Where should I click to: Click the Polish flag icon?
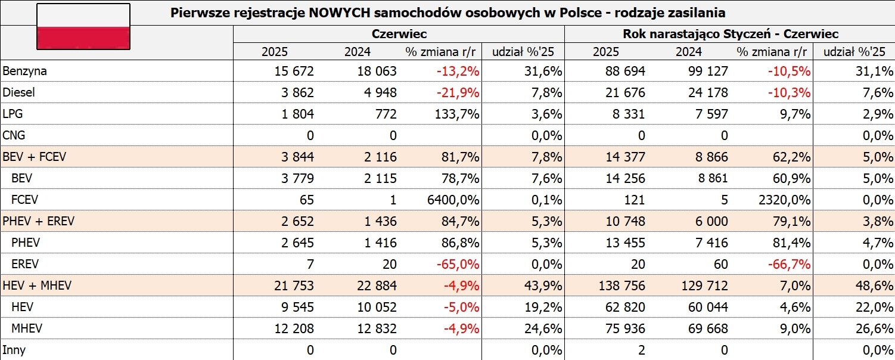click(x=83, y=27)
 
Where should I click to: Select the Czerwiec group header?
click(x=399, y=34)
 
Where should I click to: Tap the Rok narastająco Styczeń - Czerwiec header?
click(x=731, y=34)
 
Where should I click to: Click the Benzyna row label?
click(x=24, y=71)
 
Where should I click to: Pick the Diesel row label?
click(x=19, y=92)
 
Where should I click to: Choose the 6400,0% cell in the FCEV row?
click(x=455, y=200)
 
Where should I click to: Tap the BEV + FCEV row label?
click(x=36, y=157)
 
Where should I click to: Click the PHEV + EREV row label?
click(x=39, y=221)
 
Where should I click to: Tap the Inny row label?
click(x=14, y=350)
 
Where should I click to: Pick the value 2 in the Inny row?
click(x=642, y=350)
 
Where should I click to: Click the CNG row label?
click(x=14, y=135)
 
